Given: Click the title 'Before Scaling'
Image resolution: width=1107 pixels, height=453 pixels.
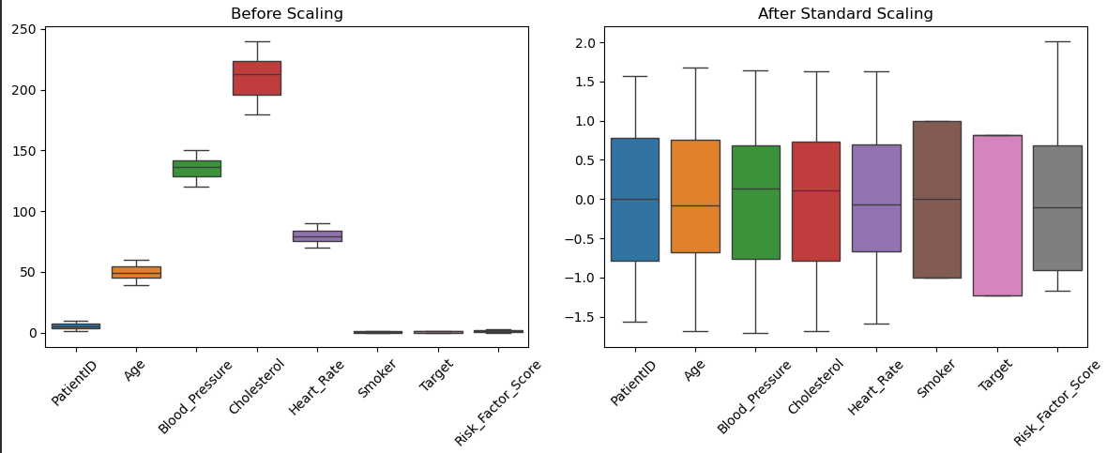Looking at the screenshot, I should tap(286, 14).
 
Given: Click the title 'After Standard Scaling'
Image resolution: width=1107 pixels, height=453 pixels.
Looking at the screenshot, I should tap(845, 14).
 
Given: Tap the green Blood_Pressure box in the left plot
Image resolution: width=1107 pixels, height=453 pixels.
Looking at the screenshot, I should tap(196, 169).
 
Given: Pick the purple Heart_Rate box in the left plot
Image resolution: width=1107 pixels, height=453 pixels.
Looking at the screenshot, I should tap(317, 236).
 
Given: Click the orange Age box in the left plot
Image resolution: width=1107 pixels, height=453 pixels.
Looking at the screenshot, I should tap(136, 272).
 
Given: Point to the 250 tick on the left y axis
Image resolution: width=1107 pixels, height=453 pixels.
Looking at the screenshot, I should tap(25, 30).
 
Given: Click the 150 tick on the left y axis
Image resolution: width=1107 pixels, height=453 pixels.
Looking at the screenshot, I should tap(25, 151).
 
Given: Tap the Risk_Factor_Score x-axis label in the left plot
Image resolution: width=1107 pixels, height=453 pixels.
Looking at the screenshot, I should tap(497, 401).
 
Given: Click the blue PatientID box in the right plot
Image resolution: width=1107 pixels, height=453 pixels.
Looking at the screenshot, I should tap(635, 199).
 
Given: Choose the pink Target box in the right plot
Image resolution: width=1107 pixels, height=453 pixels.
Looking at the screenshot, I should tap(997, 215).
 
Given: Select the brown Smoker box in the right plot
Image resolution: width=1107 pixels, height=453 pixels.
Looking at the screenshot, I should tap(936, 199).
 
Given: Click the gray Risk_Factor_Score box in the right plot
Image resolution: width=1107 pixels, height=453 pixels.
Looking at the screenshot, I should tap(1057, 207).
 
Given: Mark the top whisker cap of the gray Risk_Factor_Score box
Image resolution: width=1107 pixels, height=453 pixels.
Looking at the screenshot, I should tap(1057, 41).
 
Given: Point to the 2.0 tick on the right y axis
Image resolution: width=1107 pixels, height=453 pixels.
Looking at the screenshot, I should tap(584, 43).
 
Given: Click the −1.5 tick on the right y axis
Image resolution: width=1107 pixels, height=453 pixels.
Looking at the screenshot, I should tap(582, 317).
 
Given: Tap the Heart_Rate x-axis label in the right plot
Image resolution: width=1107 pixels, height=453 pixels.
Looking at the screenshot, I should tap(869, 386).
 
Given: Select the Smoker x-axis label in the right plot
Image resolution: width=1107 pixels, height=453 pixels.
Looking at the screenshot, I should tap(933, 378).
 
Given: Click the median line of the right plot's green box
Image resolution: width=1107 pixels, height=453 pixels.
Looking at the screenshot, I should tap(756, 189).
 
